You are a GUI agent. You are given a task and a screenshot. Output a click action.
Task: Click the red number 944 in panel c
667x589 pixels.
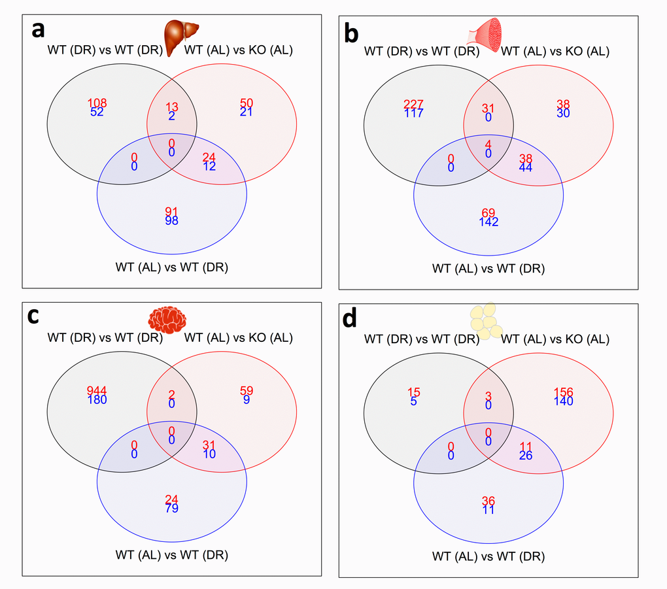[97, 391]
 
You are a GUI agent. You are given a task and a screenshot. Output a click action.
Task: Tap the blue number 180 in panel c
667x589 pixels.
[97, 399]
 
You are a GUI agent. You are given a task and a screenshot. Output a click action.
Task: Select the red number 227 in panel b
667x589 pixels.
[414, 104]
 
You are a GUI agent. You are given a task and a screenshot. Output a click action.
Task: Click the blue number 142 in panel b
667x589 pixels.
[488, 222]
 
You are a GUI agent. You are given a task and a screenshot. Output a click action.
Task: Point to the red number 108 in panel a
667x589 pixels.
[97, 103]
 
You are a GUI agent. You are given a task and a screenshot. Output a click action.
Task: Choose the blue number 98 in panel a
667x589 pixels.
[172, 220]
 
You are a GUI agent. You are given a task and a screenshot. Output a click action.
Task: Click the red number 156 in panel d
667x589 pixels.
[563, 392]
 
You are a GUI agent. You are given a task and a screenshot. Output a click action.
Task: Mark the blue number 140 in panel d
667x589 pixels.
[563, 401]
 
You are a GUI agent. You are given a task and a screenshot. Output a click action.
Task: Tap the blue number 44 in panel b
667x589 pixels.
[526, 167]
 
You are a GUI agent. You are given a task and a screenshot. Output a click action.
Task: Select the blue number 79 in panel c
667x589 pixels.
[172, 508]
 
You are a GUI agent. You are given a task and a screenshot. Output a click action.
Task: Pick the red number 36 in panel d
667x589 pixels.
[488, 501]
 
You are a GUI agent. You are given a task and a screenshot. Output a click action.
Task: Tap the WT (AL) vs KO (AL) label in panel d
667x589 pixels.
[555, 339]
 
